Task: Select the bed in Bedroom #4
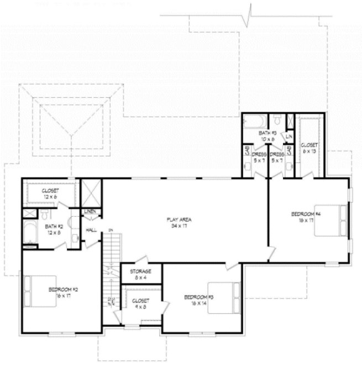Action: (x=330, y=220)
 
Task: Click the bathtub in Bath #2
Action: (x=28, y=233)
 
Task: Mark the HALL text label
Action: (x=91, y=230)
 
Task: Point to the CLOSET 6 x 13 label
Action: (x=308, y=148)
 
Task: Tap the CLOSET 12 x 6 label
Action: (x=51, y=193)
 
